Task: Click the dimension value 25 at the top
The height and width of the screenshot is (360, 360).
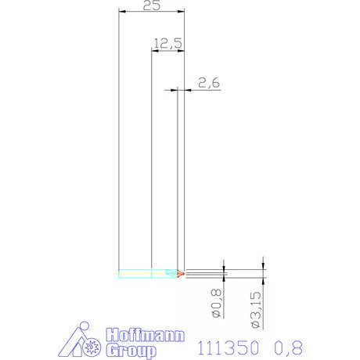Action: click(x=153, y=5)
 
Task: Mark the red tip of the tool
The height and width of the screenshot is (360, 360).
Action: click(x=182, y=274)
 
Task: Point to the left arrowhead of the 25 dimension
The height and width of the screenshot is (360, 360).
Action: click(x=121, y=13)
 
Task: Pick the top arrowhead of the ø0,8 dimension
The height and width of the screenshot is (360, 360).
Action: click(x=225, y=270)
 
